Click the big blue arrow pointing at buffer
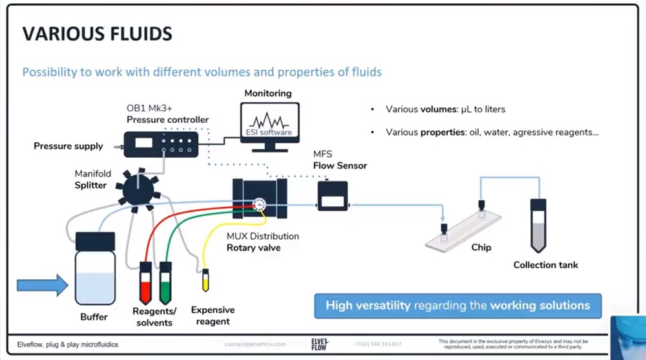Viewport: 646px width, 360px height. click(42, 285)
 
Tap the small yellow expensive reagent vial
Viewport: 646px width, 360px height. click(206, 281)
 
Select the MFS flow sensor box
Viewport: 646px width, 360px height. click(332, 196)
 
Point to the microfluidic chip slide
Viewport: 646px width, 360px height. click(463, 230)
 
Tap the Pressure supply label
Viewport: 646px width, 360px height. click(68, 146)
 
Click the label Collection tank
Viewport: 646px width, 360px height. click(545, 265)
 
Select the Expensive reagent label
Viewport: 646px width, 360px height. click(213, 315)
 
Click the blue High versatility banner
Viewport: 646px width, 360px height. click(457, 306)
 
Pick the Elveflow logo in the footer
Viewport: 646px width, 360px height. click(320, 343)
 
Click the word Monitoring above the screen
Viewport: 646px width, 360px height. click(268, 93)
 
